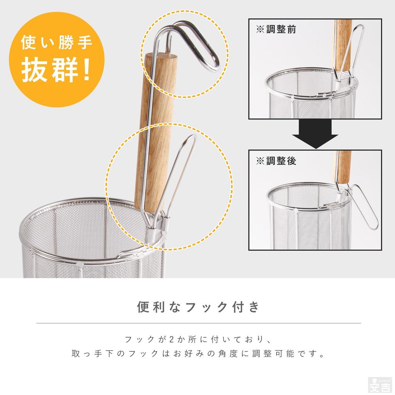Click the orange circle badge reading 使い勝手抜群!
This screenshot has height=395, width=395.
56,58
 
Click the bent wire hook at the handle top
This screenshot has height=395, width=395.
201,46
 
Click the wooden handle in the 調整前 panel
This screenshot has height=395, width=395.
343,42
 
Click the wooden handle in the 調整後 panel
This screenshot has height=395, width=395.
343,166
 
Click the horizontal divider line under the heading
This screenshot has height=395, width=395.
198,323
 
